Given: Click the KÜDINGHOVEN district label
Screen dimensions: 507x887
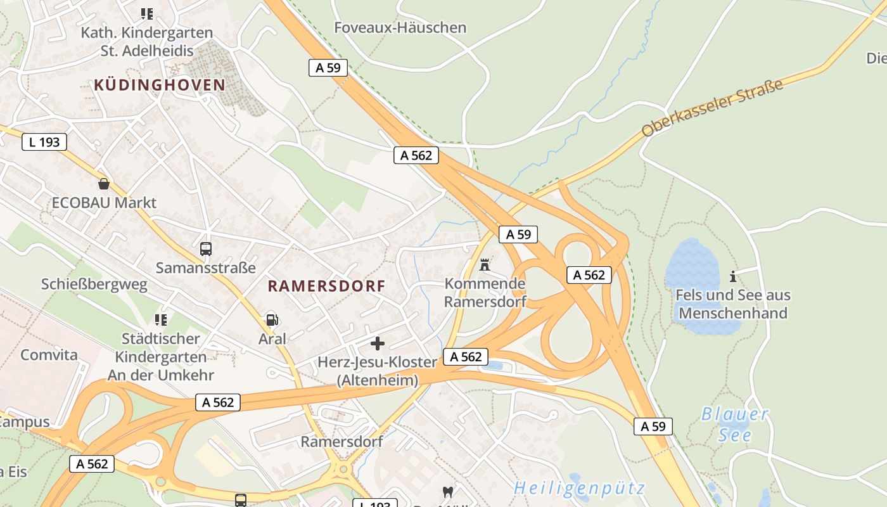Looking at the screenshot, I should pos(160,85).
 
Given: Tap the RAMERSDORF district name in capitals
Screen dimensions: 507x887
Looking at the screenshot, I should pos(326,286).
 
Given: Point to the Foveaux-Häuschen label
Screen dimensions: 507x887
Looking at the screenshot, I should pos(400,28).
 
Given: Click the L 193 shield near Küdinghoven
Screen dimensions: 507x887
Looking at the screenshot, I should pos(44,142).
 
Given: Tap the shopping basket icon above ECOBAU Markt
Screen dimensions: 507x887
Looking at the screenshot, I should pos(104,184).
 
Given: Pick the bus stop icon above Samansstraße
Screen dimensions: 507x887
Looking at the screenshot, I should pos(206,249).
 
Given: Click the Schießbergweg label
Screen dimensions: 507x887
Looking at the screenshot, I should pos(94,285).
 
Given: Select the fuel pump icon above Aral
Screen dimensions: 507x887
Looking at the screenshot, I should pos(272,319).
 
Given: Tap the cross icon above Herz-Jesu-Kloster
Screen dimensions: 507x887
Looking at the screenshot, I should pos(378,343).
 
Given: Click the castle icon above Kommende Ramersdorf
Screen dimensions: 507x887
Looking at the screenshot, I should pos(485,264).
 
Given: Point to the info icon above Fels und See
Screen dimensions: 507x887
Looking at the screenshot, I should pos(733,276).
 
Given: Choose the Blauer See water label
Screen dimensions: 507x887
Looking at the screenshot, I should pos(735,425).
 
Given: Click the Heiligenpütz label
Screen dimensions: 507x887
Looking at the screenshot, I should pos(579,488).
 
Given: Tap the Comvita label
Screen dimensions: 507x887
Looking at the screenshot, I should pos(49,354).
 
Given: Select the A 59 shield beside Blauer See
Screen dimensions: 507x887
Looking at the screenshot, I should pos(653,427).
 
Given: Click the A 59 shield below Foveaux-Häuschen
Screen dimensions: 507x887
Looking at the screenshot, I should pos(328,68).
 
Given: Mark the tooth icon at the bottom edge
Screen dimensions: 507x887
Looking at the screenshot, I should pos(447,492).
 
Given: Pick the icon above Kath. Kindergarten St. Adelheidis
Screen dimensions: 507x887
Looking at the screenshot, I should pos(147,13).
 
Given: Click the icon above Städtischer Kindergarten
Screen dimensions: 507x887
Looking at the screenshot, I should pos(161,319).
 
